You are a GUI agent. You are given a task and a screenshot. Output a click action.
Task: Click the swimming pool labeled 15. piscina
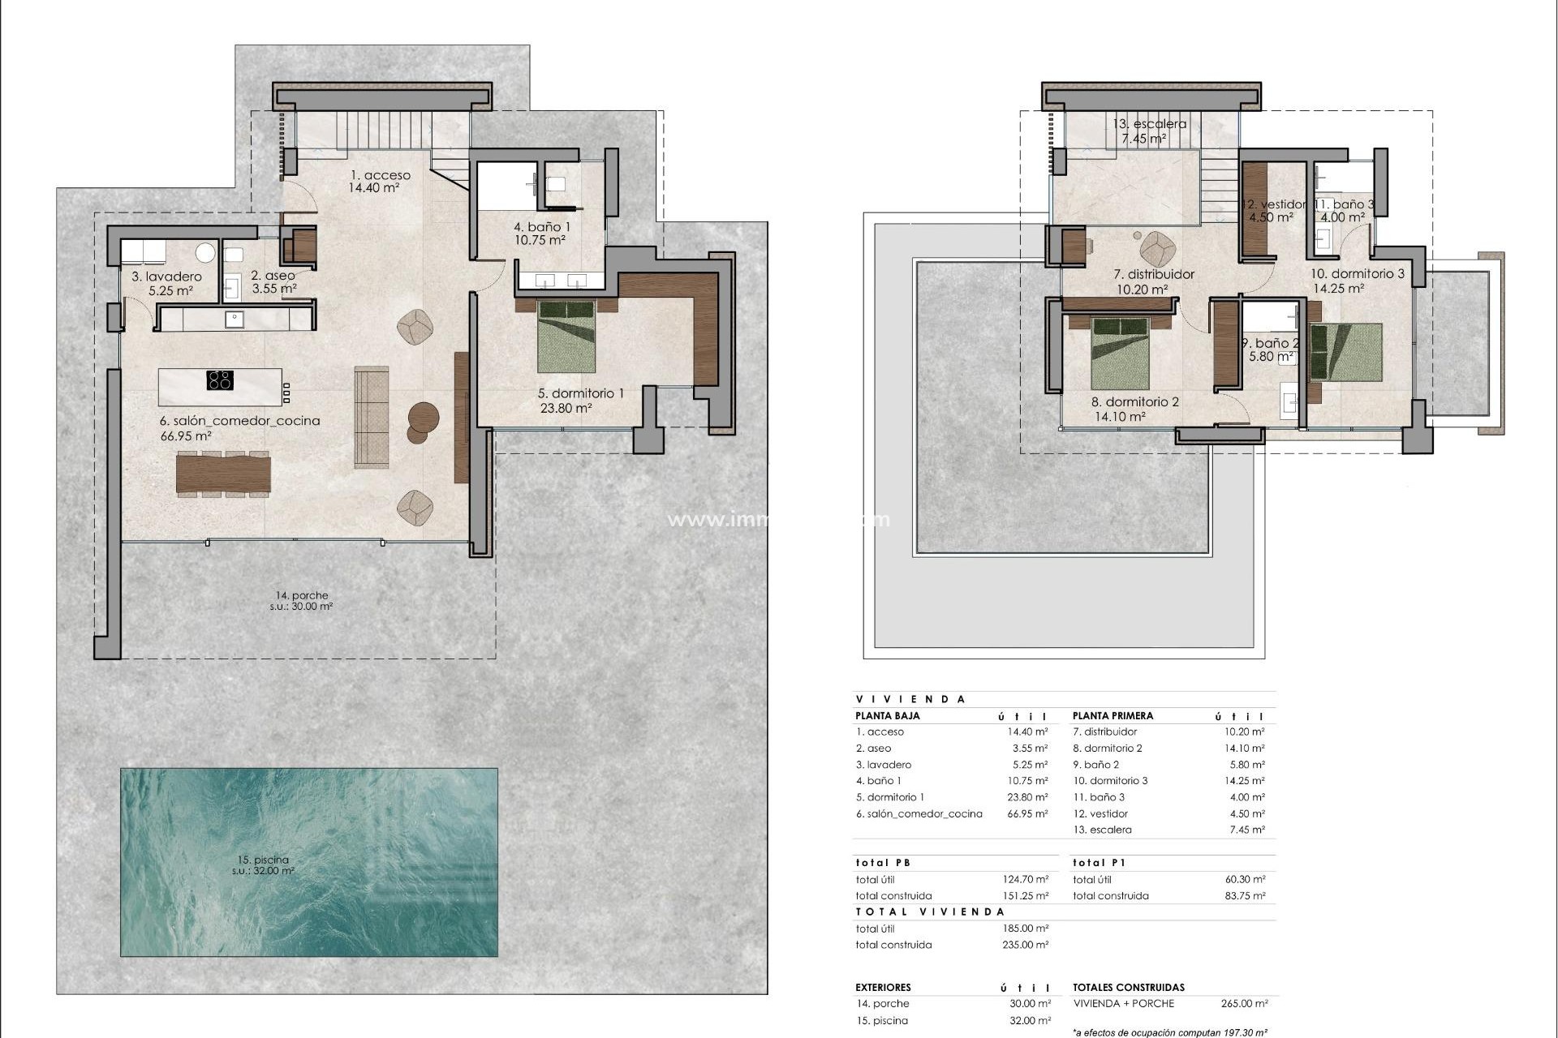(x=308, y=862)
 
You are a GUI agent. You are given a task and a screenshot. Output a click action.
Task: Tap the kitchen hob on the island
(x=220, y=380)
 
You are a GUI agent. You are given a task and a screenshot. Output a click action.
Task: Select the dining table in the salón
(x=223, y=474)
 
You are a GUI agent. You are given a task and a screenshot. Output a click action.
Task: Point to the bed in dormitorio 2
(x=1121, y=353)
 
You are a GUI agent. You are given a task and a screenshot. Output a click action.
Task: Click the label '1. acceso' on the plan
(x=380, y=175)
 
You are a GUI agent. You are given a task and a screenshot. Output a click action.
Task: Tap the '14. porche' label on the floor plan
(x=301, y=595)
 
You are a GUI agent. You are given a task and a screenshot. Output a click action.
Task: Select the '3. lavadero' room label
(x=166, y=277)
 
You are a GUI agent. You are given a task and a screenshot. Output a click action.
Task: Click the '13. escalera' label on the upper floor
(x=1149, y=124)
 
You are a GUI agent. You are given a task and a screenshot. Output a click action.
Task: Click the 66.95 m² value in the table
(x=1027, y=813)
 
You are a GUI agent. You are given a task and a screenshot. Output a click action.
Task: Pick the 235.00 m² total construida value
(x=1026, y=945)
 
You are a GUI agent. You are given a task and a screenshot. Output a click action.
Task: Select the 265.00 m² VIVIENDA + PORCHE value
(x=1244, y=1003)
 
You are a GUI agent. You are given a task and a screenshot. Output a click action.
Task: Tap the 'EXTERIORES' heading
(x=883, y=988)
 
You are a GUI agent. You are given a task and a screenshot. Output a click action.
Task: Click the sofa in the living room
(x=371, y=417)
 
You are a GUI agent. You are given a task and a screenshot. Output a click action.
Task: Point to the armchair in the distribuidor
(x=1156, y=246)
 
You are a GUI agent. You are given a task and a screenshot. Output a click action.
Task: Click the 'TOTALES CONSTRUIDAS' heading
(x=1128, y=988)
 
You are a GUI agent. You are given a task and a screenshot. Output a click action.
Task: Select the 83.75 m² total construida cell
(x=1244, y=896)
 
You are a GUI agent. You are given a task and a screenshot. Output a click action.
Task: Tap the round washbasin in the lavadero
(x=206, y=252)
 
